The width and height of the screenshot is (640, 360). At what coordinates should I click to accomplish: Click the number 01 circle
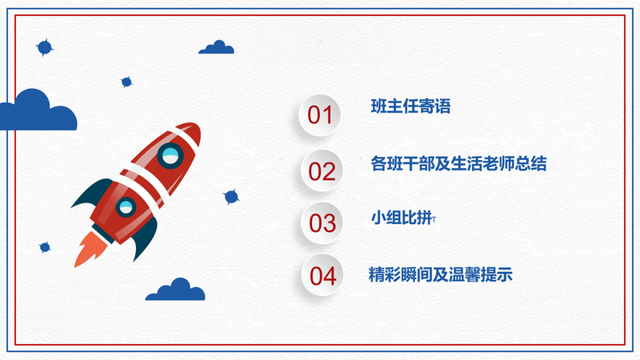coord(319,115)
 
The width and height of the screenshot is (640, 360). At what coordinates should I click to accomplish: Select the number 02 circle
coord(322,170)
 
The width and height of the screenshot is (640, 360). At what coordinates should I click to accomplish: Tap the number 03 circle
coord(322,223)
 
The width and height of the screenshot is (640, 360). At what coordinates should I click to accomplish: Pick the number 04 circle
coord(322,275)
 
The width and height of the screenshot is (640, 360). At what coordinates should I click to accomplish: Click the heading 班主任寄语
coord(410,106)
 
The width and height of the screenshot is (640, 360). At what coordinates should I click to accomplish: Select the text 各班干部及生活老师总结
coord(458,163)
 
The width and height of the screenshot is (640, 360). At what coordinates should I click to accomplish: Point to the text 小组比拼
coord(402,218)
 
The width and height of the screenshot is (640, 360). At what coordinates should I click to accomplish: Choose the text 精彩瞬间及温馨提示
coord(441,274)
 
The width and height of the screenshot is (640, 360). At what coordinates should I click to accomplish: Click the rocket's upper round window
coord(170,155)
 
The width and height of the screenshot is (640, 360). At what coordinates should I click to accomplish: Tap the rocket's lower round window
coord(126,207)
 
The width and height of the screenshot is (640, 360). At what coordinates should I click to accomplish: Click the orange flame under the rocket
coord(90,249)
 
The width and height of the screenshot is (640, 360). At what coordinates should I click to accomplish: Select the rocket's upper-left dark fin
coord(92,194)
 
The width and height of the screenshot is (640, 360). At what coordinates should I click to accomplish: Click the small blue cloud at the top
coord(216,47)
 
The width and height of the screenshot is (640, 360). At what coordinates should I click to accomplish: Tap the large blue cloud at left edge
coord(38,111)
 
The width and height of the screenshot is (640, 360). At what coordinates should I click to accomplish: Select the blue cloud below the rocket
coord(175,290)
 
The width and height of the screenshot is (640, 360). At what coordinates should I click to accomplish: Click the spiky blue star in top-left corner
coord(45,48)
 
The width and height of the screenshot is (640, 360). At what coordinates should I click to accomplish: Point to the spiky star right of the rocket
coord(231,197)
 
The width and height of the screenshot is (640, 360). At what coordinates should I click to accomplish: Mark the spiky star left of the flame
coord(45,247)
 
